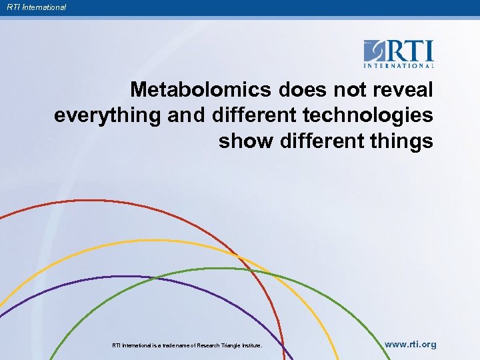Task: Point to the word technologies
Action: pos(368,115)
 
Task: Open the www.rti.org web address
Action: pos(411,345)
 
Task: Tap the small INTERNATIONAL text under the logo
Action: pos(399,65)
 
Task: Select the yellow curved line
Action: pos(133,241)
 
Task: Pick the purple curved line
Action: pos(100,277)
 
